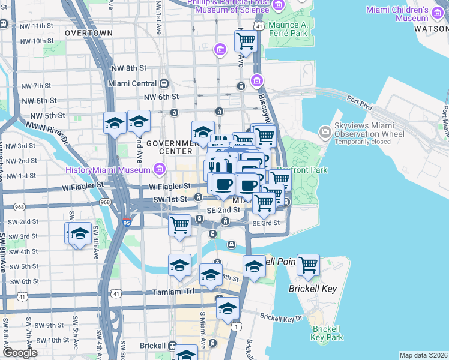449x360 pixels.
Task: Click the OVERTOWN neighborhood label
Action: coord(88,32)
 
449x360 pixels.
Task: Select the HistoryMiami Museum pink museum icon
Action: coord(159,170)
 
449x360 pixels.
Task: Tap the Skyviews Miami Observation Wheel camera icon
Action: coord(325,131)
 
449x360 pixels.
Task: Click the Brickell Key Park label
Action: coord(327,333)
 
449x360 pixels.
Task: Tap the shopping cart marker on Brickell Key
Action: coord(308,265)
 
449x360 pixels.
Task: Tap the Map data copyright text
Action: coord(423,355)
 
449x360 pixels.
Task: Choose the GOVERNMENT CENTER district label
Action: coord(172,147)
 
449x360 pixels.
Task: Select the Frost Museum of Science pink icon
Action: coord(278,5)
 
